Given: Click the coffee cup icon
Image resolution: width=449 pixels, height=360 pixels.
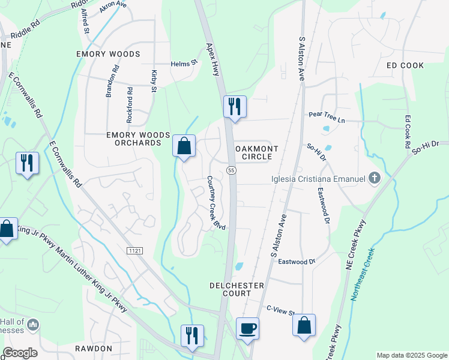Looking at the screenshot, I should [x=247, y=328].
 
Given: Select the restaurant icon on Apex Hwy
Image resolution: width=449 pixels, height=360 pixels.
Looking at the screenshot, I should [x=235, y=107].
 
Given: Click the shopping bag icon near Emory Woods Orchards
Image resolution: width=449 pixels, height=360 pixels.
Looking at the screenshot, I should [x=184, y=145].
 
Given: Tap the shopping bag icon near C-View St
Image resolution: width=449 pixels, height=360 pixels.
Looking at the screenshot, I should [x=304, y=325].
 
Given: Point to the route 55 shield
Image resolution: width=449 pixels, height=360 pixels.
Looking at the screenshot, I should [x=231, y=171].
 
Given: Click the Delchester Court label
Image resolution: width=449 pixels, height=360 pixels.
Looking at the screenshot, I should [x=230, y=289].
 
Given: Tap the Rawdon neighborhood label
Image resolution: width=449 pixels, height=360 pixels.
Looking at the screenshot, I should [x=94, y=349].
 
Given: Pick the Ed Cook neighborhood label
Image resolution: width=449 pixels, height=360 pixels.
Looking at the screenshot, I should [x=405, y=65].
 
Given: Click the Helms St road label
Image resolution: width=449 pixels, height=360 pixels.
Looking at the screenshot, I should [x=184, y=62].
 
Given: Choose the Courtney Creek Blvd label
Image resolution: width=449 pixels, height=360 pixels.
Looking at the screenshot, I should [x=216, y=202].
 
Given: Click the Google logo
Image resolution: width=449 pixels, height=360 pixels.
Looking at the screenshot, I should [x=20, y=353].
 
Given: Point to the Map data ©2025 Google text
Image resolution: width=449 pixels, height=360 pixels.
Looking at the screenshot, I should [x=411, y=355].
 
